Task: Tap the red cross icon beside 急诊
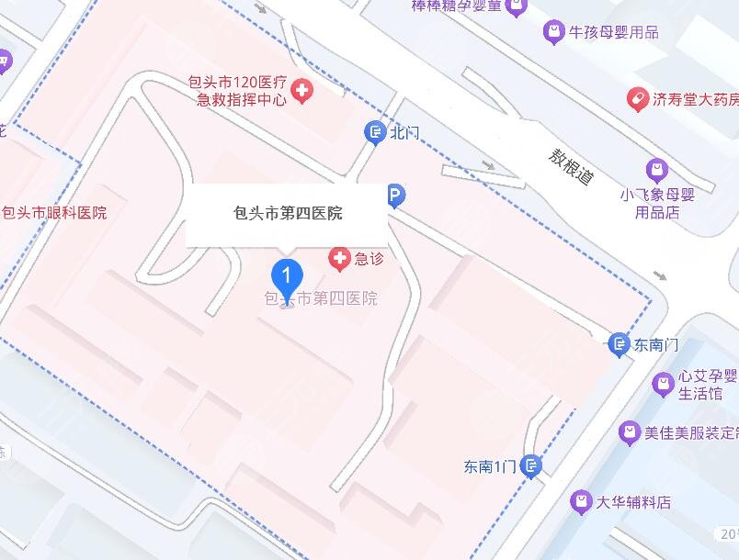(340, 260)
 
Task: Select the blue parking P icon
(395, 195)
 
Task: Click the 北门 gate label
(404, 133)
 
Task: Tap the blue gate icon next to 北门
(375, 133)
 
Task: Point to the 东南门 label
(656, 345)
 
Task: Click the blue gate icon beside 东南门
(620, 345)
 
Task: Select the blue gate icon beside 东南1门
(530, 466)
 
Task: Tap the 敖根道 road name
(571, 166)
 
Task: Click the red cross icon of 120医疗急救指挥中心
(301, 90)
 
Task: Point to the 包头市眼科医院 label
(54, 213)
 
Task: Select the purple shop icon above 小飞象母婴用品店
(656, 170)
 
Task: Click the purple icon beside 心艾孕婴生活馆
(662, 384)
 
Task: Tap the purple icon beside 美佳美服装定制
(629, 431)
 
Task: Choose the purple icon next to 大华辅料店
(580, 501)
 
